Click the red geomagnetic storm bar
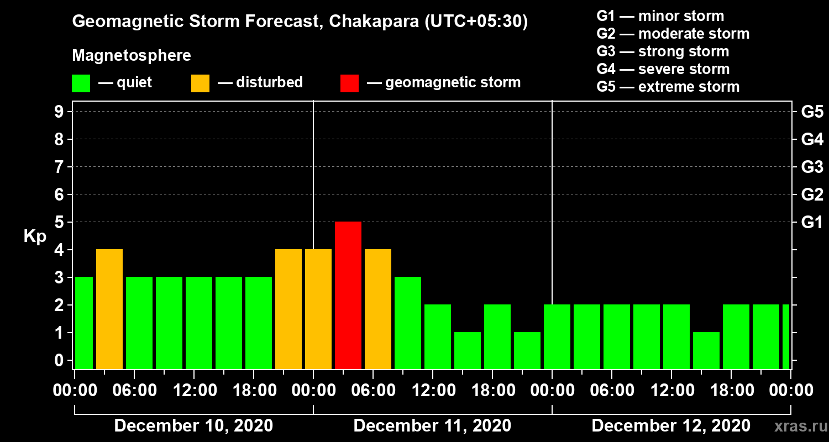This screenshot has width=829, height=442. (x=348, y=295)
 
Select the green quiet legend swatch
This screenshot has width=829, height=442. (x=81, y=83)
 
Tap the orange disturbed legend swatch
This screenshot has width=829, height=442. (x=200, y=83)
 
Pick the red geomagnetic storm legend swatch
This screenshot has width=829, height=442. (x=349, y=83)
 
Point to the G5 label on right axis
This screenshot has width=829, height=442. (x=812, y=112)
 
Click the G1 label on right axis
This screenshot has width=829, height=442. (x=812, y=223)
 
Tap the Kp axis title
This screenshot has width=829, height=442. (x=35, y=236)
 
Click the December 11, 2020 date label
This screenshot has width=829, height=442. (x=432, y=426)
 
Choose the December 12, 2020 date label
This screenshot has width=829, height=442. (x=671, y=426)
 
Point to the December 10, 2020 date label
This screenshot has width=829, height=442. (x=193, y=426)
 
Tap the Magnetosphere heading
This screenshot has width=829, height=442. (x=132, y=56)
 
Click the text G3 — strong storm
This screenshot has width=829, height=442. (x=663, y=51)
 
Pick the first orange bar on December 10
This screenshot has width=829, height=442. (x=109, y=309)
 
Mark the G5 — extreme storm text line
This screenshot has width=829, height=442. (x=668, y=87)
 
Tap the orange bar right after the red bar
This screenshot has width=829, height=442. (x=378, y=309)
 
